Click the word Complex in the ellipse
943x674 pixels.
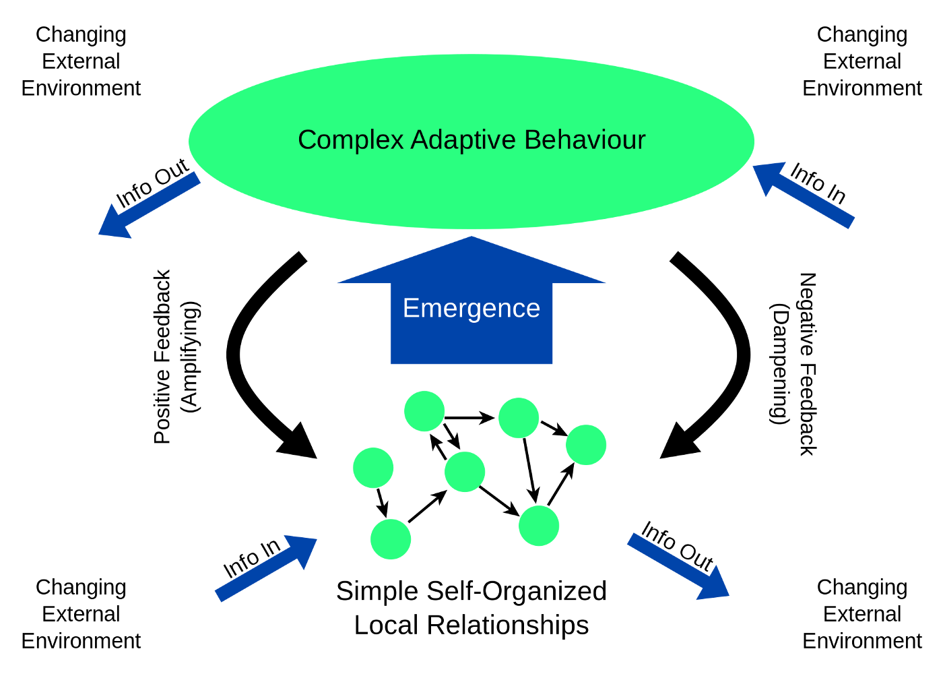coord(350,141)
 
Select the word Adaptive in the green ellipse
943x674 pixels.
coord(463,141)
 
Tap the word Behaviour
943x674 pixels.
coord(585,140)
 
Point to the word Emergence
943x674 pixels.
coord(471,309)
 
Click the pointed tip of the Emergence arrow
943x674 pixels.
coord(471,238)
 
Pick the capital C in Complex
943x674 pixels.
coord(306,140)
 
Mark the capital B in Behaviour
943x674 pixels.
coord(532,140)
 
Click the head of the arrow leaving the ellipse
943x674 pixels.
coord(112,226)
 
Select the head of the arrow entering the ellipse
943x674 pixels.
coord(767,175)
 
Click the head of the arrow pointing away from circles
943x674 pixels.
coord(715,586)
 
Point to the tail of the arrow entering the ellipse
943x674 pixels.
coord(850,223)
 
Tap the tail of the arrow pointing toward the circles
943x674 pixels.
coord(218,596)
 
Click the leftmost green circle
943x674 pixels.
coord(373,468)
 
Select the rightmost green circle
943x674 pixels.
coord(586,445)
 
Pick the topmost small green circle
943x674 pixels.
coord(424,411)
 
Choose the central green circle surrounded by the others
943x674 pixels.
coord(465,472)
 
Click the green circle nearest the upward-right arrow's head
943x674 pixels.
coord(391,539)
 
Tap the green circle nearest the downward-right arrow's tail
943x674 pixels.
coord(539,526)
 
